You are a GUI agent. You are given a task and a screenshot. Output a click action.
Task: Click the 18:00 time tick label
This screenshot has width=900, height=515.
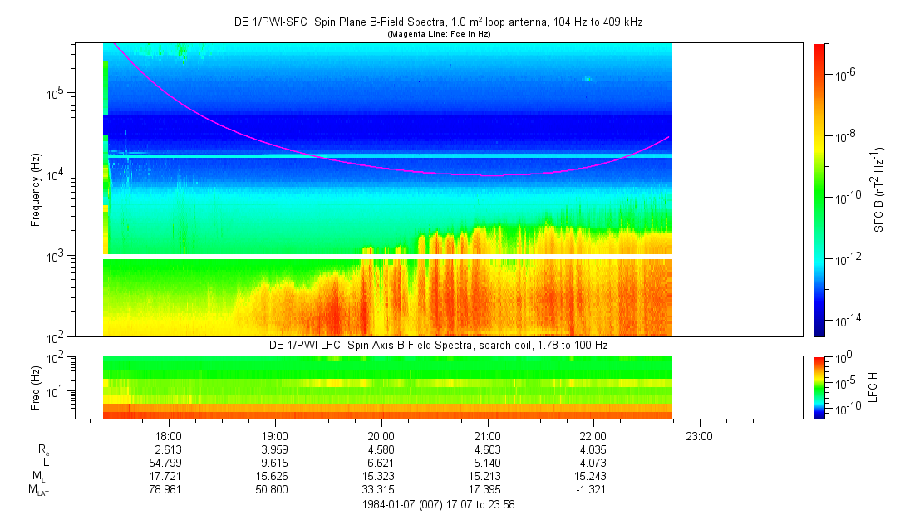point(169,436)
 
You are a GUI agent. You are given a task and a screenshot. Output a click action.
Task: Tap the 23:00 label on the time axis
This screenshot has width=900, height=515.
point(699,436)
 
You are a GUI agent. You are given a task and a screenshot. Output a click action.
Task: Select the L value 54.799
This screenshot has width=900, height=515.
point(165,463)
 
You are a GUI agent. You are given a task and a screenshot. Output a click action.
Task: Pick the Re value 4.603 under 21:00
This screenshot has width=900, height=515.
point(488,449)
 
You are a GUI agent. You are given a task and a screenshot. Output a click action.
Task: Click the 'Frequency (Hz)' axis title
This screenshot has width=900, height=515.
point(36,190)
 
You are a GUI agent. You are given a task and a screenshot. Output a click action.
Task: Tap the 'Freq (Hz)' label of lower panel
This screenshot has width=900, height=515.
point(36,388)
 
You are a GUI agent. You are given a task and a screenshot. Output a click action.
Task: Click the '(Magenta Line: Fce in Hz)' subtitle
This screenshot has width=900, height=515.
point(439,34)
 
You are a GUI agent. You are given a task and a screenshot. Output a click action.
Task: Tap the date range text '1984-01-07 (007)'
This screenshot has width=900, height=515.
point(399,504)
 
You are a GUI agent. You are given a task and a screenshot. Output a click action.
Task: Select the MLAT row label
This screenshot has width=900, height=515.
point(38,490)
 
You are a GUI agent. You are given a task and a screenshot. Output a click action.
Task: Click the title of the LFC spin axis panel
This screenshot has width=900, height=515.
point(439,345)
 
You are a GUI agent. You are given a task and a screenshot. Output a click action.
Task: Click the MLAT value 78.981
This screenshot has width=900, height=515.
point(165,489)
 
